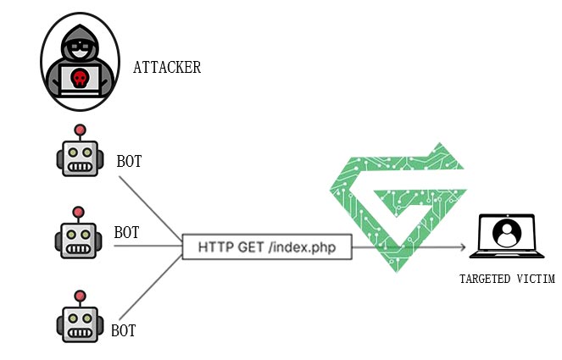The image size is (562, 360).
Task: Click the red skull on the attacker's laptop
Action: click(x=79, y=79)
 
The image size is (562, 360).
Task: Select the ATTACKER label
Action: click(x=167, y=68)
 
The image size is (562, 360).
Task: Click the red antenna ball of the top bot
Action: click(x=81, y=130)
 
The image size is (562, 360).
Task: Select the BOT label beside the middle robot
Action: click(x=126, y=232)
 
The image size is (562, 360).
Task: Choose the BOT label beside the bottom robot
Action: click(x=124, y=330)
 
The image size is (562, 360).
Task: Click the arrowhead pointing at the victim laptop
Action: click(x=465, y=248)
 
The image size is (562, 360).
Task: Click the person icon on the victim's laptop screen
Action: click(x=507, y=233)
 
